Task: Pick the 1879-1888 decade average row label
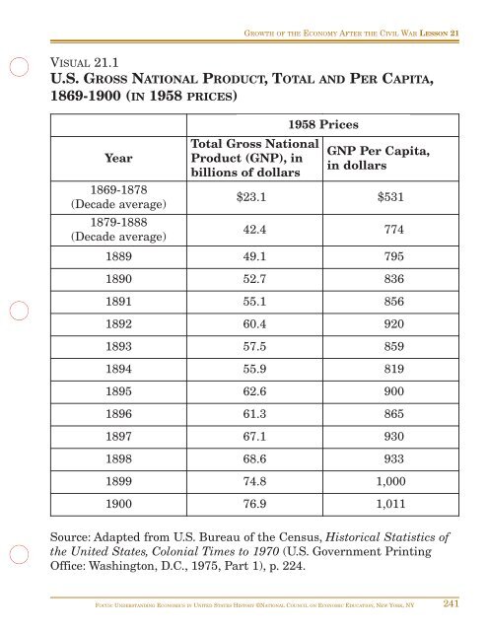(x=97, y=229)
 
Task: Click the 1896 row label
(x=97, y=464)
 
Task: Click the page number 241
(x=456, y=604)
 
